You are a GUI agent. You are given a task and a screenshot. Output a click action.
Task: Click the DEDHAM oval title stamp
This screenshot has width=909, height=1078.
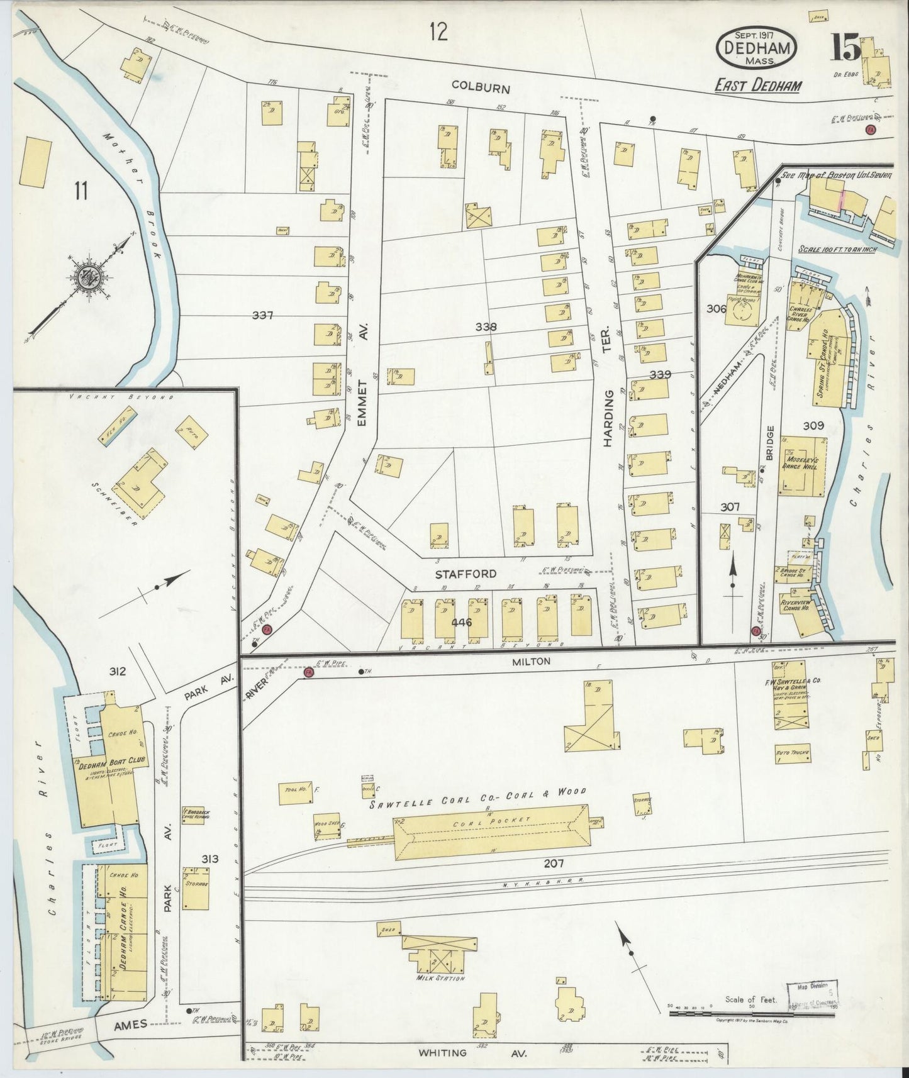click(x=756, y=48)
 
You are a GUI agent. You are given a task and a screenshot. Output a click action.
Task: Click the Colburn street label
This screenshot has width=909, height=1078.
click(x=479, y=89)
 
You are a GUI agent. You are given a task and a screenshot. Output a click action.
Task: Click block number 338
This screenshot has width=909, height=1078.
click(x=486, y=327)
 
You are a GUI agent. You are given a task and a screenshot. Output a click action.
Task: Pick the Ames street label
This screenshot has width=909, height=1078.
click(x=130, y=1024)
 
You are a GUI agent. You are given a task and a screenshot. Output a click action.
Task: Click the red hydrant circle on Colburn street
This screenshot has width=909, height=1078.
click(x=871, y=130)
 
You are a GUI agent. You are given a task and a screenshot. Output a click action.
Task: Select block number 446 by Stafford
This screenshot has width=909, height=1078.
click(x=461, y=622)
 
